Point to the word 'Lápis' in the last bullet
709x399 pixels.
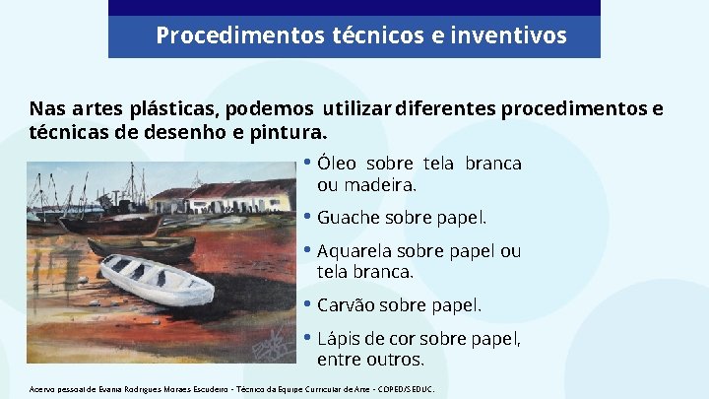click(x=337, y=339)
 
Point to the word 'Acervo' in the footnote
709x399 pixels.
click(x=44, y=388)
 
